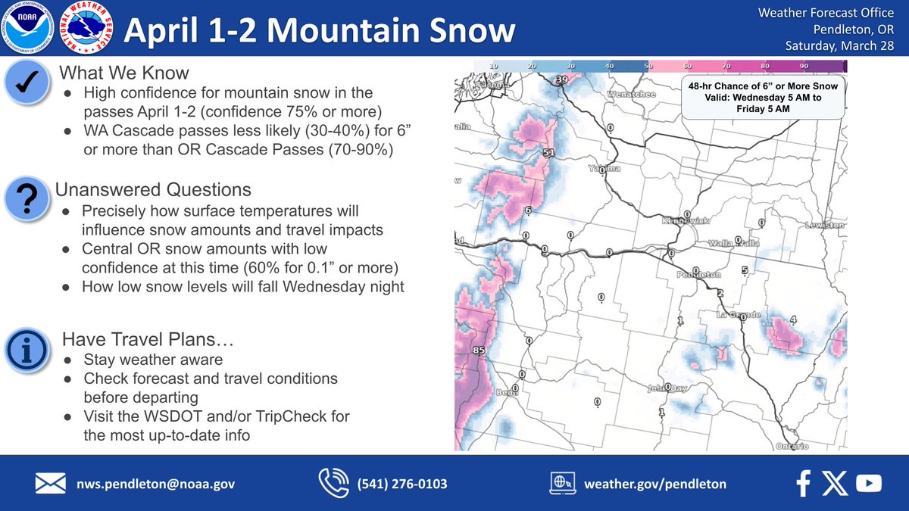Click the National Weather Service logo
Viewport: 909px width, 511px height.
(85, 28)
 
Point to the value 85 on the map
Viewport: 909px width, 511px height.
(477, 351)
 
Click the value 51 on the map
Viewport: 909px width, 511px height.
(549, 154)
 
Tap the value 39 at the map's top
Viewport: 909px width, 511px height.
(561, 79)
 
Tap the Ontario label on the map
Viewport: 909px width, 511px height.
(793, 446)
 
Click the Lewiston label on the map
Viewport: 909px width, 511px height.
(825, 226)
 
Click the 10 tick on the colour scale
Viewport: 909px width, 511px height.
(493, 67)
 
